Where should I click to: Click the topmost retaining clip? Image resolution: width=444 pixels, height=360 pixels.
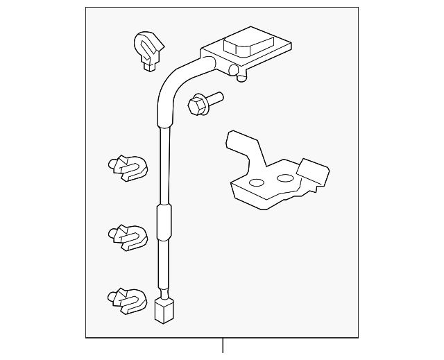[x=147, y=49]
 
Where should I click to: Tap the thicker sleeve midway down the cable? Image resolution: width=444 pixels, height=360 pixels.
[x=163, y=223]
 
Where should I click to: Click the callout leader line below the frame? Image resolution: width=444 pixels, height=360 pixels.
[x=223, y=345]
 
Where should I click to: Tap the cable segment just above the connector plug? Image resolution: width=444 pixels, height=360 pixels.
[x=163, y=277]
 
